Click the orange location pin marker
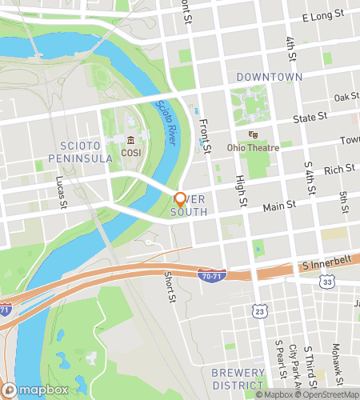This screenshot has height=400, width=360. pyautogui.click(x=180, y=200)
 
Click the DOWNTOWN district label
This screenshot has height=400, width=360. pyautogui.click(x=270, y=77)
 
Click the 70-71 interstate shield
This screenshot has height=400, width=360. pyautogui.click(x=210, y=275)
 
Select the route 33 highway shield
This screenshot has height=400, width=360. pyautogui.click(x=328, y=282)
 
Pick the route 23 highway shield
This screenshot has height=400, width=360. pyautogui.click(x=258, y=310)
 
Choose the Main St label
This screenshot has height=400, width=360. pyautogui.click(x=280, y=206)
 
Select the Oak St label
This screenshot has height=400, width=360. pyautogui.click(x=346, y=97)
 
